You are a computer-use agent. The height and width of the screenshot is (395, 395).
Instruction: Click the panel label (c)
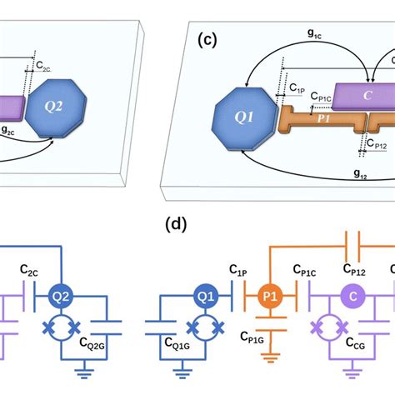pyautogui.click(x=207, y=39)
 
